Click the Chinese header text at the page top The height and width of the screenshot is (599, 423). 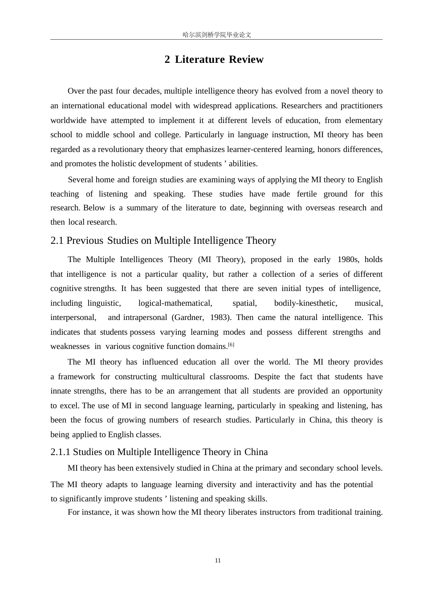[217, 35]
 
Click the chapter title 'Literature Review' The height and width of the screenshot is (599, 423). [219, 60]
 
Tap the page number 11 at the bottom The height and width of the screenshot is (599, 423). [218, 560]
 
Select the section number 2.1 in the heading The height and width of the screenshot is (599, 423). [57, 241]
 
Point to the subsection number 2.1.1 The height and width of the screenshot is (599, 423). [61, 452]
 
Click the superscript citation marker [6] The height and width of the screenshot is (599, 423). [231, 345]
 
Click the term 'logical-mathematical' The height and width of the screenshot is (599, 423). [175, 303]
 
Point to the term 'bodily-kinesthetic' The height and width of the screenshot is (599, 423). [305, 303]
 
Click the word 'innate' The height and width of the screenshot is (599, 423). [60, 391]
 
